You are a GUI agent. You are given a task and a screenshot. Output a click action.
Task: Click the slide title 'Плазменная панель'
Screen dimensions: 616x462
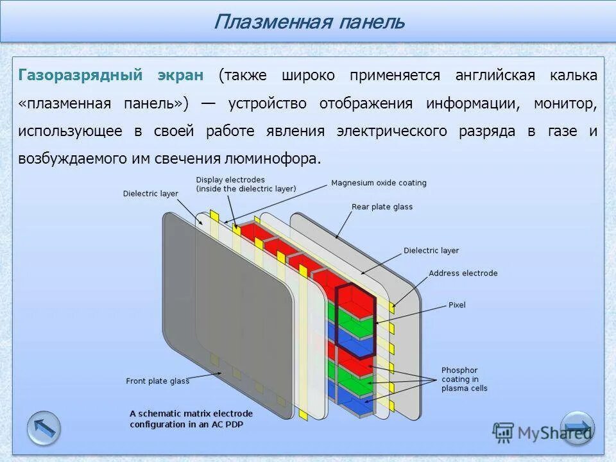pos(309,22)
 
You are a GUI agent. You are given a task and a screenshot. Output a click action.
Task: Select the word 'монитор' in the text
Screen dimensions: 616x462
pos(563,103)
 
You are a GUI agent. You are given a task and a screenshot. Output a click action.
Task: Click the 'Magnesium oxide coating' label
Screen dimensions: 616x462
pos(379,183)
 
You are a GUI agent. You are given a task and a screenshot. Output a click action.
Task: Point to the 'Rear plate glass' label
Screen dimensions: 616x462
pos(382,207)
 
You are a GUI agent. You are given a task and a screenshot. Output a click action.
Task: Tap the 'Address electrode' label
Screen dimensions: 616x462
pos(463,273)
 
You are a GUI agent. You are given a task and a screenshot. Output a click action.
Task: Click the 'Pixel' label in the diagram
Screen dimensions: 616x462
pos(457,305)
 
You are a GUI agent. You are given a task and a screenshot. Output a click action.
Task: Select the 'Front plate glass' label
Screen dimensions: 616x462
pos(157,381)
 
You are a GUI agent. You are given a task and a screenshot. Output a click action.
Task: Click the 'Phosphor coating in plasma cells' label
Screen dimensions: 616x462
pos(464,379)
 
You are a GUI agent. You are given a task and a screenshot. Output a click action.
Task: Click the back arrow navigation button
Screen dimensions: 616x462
pos(44,428)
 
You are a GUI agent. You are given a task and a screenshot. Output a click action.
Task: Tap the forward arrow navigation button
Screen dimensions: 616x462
pos(577,428)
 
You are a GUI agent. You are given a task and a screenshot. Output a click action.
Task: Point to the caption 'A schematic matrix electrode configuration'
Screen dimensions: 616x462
pos(191,418)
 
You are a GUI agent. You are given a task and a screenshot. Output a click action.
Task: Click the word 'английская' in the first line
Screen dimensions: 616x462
pos(495,75)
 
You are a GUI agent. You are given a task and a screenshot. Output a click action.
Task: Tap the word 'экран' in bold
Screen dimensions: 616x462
pos(180,75)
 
